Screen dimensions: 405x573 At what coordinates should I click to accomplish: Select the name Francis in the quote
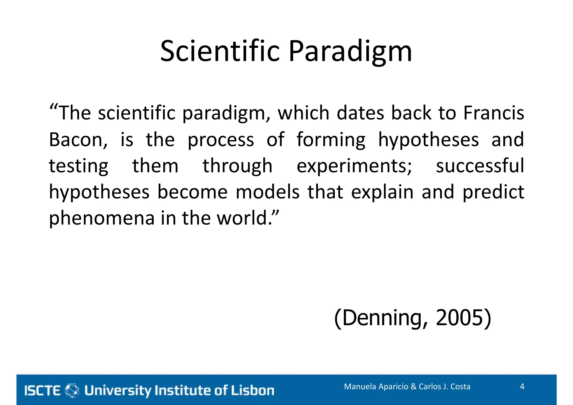click(x=494, y=113)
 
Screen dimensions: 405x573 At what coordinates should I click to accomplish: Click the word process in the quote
click(x=220, y=140)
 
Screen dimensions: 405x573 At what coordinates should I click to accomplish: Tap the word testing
click(x=79, y=166)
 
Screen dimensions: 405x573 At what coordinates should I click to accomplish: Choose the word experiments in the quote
click(x=354, y=166)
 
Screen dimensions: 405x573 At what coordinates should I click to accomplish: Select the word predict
click(x=493, y=193)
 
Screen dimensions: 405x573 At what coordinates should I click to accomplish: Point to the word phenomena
click(x=102, y=218)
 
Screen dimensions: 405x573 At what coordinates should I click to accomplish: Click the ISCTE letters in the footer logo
click(x=43, y=390)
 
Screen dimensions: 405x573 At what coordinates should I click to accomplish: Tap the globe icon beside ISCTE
click(x=72, y=390)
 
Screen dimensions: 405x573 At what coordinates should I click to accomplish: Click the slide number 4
click(x=522, y=387)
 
